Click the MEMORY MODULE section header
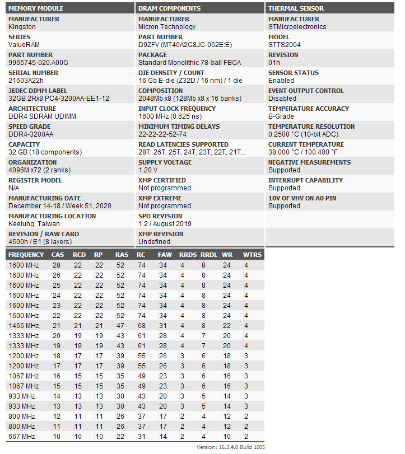(x=36, y=8)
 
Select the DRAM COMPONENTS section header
(x=169, y=8)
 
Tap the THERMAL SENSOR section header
(x=296, y=8)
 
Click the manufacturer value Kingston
(x=22, y=27)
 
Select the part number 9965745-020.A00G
(x=38, y=63)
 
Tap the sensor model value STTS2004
(x=284, y=45)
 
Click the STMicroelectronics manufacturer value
(x=297, y=27)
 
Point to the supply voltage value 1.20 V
(x=148, y=170)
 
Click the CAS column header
(x=58, y=255)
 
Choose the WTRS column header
(x=252, y=255)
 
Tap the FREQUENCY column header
(x=26, y=255)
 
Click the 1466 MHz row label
(x=24, y=325)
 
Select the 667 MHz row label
(x=22, y=436)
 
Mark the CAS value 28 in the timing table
(x=57, y=265)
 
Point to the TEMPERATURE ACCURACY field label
(x=309, y=109)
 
